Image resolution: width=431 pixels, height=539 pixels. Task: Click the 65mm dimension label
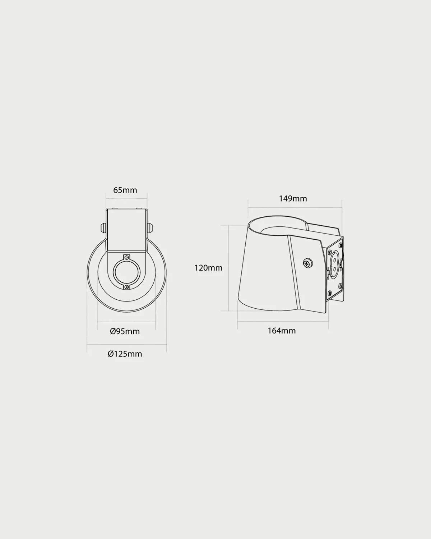click(x=125, y=190)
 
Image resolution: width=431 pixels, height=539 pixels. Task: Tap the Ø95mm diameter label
click(x=125, y=331)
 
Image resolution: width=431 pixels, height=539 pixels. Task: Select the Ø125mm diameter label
click(x=125, y=354)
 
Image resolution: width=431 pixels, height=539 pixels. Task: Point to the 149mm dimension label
click(x=293, y=199)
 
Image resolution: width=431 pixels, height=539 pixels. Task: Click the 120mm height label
click(x=208, y=268)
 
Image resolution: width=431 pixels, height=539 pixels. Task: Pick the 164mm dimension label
click(x=282, y=331)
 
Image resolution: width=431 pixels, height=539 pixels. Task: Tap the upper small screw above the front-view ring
click(x=127, y=258)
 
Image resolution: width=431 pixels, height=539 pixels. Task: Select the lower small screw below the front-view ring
click(x=127, y=287)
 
